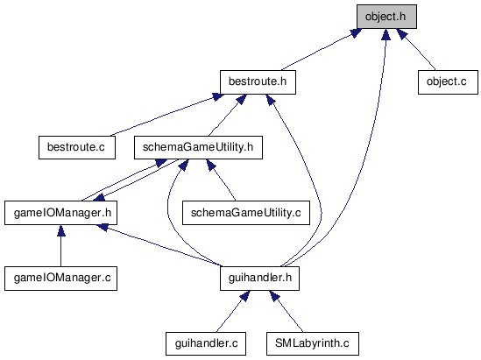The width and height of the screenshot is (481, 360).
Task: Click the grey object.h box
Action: tap(386, 17)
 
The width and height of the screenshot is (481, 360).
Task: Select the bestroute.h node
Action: tap(258, 82)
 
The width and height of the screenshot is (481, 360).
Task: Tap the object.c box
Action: tap(448, 82)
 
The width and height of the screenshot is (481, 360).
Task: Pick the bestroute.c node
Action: tap(77, 147)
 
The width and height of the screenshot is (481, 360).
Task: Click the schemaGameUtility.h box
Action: tap(198, 147)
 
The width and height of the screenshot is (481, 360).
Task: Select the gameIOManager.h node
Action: tap(60, 213)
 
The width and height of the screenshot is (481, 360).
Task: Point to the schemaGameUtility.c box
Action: tap(246, 213)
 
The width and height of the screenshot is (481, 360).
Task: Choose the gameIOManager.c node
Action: tap(60, 279)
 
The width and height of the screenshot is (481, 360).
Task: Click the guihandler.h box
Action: tap(259, 279)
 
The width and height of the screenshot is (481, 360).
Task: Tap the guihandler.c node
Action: tap(206, 343)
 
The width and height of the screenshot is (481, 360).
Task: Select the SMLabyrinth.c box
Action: tap(313, 343)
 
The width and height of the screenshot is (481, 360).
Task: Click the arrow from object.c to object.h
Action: tap(415, 49)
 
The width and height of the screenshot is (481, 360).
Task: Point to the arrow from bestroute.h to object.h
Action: tap(322, 49)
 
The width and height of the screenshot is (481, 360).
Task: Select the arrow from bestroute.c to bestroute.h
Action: tap(166, 115)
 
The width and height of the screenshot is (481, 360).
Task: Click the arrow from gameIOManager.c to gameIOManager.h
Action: tap(60, 245)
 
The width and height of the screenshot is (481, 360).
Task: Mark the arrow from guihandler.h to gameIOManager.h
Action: tap(159, 245)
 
